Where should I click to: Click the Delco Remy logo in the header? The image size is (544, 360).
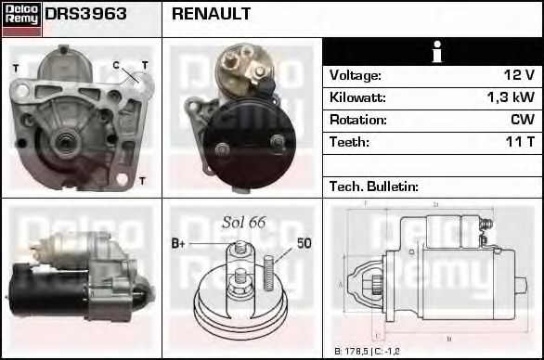click(21, 18)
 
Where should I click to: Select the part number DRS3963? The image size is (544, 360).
click(86, 15)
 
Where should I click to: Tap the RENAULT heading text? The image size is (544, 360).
click(211, 15)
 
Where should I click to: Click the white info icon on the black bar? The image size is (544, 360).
click(432, 52)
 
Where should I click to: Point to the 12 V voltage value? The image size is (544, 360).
click(518, 75)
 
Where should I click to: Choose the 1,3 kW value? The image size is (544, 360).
click(512, 97)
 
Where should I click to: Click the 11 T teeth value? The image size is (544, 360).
click(518, 142)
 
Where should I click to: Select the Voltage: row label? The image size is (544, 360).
click(355, 75)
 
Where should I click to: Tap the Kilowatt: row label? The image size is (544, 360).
click(357, 97)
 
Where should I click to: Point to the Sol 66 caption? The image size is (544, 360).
click(243, 222)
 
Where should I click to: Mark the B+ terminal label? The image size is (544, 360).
click(179, 243)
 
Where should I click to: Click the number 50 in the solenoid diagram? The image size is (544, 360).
click(304, 243)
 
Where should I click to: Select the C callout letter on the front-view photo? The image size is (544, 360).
click(116, 64)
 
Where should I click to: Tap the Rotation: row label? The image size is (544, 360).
click(356, 120)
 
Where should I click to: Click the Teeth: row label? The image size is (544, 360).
click(349, 142)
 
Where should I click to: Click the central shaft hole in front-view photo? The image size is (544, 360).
click(64, 142)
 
